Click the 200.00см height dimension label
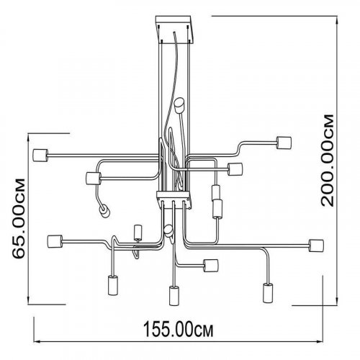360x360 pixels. [x=328, y=161]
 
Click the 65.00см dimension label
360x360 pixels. [x=19, y=218]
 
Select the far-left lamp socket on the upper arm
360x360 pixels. [x=40, y=156]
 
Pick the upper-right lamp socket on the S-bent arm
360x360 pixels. [x=284, y=143]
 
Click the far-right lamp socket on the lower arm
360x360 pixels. [x=316, y=246]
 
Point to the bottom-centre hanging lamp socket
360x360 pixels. [x=174, y=296]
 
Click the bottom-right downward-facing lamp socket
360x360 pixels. [x=268, y=293]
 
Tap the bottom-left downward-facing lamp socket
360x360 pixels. [x=112, y=285]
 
